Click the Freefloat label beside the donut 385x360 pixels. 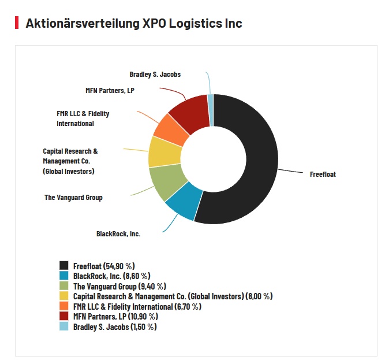323,174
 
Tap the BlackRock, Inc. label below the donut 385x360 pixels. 118,234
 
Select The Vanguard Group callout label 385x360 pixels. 73,198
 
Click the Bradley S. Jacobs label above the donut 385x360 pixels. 155,74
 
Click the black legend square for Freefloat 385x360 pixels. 64,266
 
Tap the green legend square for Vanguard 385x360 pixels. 64,286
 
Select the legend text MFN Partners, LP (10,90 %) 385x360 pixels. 115,317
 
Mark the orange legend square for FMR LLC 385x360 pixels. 64,306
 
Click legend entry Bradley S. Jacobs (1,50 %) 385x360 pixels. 114,327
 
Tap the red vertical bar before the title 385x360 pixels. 17,23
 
